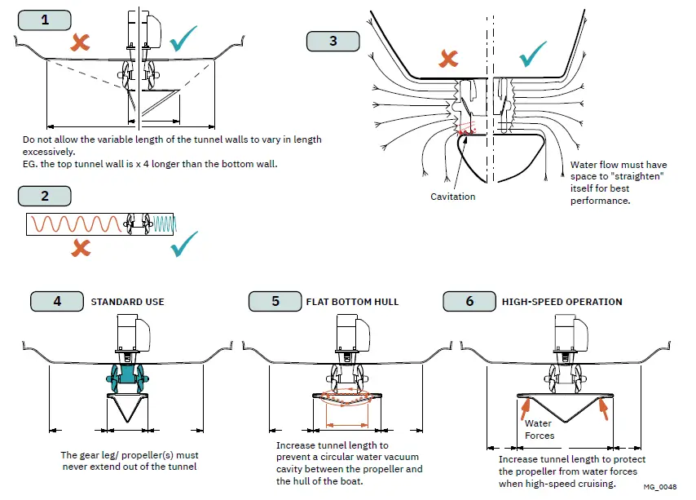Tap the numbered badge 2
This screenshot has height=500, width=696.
click(x=44, y=196)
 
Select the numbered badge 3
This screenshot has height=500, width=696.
click(x=333, y=41)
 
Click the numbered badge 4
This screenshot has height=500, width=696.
click(x=57, y=301)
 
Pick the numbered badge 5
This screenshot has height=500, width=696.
click(x=275, y=301)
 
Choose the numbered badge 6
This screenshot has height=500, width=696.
click(x=469, y=301)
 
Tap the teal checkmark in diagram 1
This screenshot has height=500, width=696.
click(x=183, y=38)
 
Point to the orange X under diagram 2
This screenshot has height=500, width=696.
click(x=80, y=247)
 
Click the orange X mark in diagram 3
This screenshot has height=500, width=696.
click(x=448, y=57)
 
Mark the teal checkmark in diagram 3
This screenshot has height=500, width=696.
click(x=533, y=53)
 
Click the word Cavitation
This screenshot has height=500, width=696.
click(x=453, y=197)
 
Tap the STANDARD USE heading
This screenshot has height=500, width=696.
click(x=127, y=302)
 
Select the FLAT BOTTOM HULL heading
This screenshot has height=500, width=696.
click(x=352, y=302)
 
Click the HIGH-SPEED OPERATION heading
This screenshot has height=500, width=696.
click(x=562, y=302)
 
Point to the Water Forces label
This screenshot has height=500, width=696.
click(x=539, y=429)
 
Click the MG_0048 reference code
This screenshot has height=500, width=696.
click(x=659, y=487)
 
